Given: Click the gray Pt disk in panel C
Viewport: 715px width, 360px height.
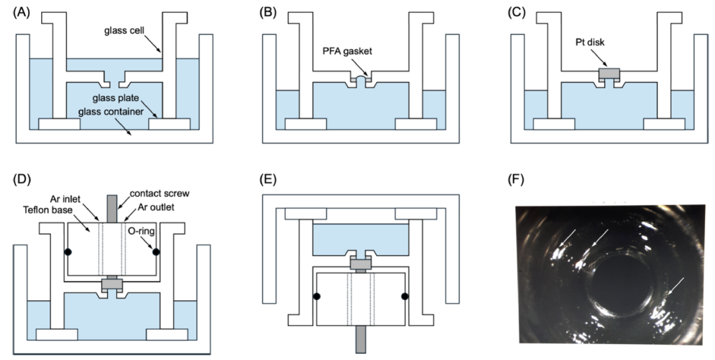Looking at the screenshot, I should [608, 73].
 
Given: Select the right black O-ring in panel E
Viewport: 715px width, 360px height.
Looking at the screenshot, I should [404, 296].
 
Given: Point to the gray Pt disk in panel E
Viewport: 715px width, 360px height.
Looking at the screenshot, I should [360, 264].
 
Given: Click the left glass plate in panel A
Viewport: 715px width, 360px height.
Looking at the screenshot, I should [60, 124].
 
